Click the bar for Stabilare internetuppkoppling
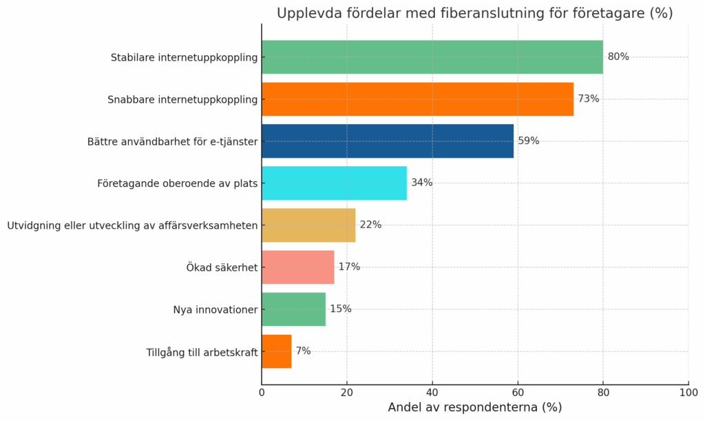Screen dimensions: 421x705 pos(432,57)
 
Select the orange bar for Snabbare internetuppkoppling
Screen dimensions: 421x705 pos(417,99)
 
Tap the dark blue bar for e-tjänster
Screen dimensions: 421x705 pos(388,141)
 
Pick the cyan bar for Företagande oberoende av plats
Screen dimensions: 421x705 pos(334,183)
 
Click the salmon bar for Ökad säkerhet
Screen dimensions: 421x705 pos(297,267)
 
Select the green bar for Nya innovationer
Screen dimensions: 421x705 pos(293,309)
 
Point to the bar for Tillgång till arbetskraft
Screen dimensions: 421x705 pos(276,351)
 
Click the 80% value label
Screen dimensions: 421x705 pos(618,57)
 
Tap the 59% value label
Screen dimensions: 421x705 pos(529,141)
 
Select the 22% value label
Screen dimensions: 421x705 pos(370,225)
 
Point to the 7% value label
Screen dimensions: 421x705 pos(303,351)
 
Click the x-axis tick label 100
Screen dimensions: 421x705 pos(688,393)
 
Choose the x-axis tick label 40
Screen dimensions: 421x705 pos(432,393)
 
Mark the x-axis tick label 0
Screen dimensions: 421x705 pos(262,393)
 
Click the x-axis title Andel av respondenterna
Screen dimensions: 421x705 pos(474,407)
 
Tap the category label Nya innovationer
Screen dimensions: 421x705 pos(215,310)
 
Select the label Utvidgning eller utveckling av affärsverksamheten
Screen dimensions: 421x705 pos(132,226)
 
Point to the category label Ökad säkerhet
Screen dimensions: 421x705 pos(222,268)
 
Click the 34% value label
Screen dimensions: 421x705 pos(422,183)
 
